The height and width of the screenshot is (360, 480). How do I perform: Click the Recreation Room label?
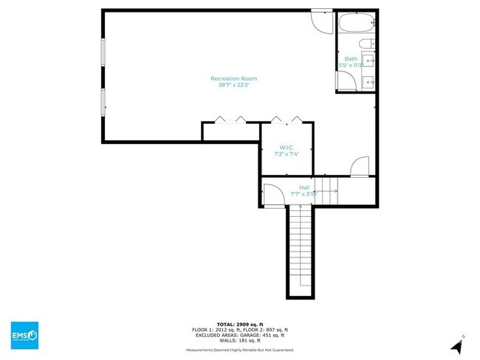click(x=233, y=78)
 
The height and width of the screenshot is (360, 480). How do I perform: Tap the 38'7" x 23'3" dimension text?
click(x=233, y=86)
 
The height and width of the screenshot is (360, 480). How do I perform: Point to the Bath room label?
click(x=350, y=59)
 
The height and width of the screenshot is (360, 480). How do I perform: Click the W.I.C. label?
click(x=287, y=147)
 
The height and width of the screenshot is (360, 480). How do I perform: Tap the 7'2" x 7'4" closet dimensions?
click(x=287, y=154)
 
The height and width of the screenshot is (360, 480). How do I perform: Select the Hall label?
click(x=304, y=187)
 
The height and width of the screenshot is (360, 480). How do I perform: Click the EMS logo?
click(x=24, y=336)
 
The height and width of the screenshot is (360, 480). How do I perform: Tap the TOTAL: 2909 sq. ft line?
click(x=239, y=324)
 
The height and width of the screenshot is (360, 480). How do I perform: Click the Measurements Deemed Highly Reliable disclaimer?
click(x=239, y=350)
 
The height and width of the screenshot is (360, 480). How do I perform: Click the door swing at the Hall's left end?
click(x=272, y=193)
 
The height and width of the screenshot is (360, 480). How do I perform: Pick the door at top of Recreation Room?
click(x=322, y=21)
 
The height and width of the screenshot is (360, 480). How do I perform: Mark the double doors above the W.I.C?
click(x=286, y=120)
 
